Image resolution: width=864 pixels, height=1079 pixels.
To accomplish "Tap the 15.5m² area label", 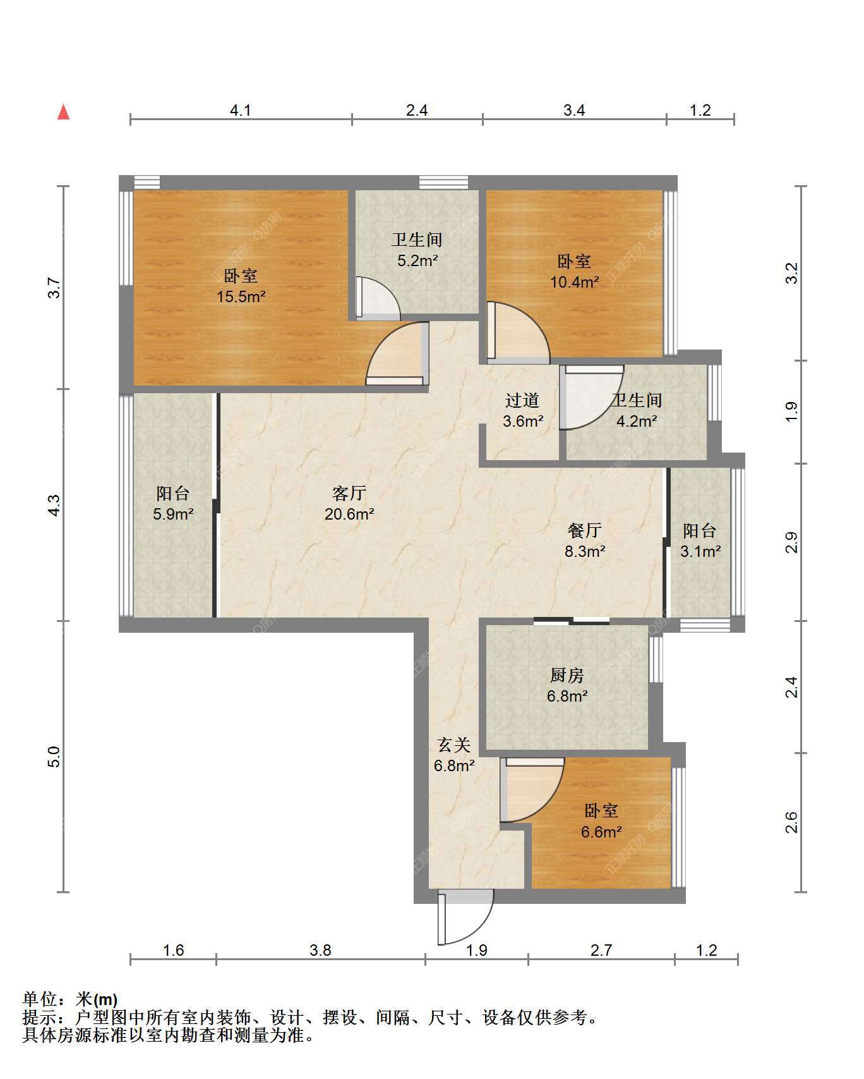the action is [241, 296].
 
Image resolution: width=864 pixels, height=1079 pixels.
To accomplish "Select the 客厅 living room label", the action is [349, 493].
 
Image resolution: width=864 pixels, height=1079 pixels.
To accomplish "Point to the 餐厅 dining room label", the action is [585, 530].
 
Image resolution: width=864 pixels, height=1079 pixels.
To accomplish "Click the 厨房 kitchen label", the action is [567, 676].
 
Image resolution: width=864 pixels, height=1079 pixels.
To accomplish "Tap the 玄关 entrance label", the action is [454, 745].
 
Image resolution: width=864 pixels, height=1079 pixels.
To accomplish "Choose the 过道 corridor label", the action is [523, 400].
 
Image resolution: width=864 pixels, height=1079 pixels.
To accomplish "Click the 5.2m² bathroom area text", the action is [417, 260].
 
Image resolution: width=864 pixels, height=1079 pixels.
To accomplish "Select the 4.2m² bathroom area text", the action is [637, 420].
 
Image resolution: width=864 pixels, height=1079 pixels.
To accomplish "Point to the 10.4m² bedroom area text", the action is [575, 282].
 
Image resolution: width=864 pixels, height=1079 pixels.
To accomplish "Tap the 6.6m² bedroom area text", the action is [602, 831].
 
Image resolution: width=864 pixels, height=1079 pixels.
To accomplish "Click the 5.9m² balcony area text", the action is [173, 514].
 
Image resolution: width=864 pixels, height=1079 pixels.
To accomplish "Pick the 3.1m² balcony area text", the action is [700, 551].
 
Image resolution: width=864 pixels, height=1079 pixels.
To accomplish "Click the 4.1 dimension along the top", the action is [241, 111].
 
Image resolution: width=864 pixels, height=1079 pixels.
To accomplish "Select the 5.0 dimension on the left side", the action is [54, 757].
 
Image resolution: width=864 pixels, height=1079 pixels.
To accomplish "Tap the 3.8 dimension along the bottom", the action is [321, 950].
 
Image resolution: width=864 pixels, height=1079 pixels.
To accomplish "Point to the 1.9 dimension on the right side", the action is [791, 412].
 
